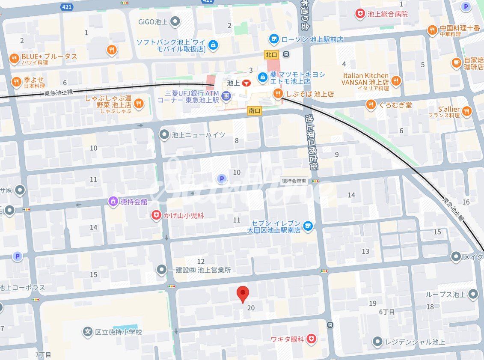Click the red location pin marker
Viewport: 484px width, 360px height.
click(243, 294)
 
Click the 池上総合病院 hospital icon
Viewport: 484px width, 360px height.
click(360, 14)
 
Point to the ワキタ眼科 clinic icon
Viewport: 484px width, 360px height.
click(312, 339)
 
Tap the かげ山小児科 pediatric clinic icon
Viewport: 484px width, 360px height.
click(157, 215)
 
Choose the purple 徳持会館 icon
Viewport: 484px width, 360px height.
click(113, 201)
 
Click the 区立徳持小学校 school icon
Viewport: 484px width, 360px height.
click(88, 332)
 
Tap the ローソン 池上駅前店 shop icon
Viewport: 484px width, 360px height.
click(274, 39)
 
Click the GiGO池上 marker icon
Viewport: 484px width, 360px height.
click(175, 21)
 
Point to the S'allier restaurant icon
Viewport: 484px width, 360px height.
click(466, 112)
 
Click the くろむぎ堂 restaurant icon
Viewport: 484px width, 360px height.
click(371, 104)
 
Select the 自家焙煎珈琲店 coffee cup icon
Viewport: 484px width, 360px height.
click(457, 63)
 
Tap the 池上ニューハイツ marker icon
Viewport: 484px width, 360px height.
click(164, 135)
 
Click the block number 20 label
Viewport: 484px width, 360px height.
click(251, 308)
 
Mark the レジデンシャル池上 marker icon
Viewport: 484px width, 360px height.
click(377, 342)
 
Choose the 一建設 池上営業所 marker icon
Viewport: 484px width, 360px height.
click(161, 270)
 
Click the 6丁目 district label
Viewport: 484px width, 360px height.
click(387, 312)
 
